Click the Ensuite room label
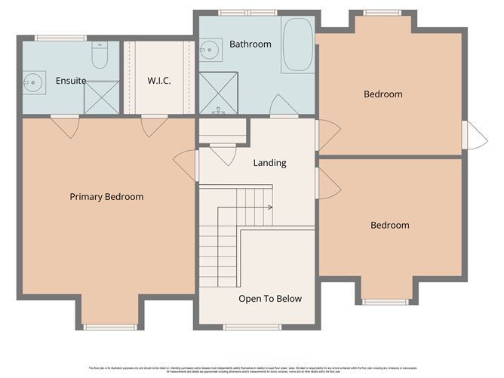coord(71,80)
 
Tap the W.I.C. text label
coord(159,80)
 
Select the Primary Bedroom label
coord(106,197)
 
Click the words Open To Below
coord(270,299)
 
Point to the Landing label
coord(269,163)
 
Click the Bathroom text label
coord(250,45)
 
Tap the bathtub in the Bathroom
coord(297,45)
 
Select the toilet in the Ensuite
coord(100,55)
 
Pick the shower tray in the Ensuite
coord(101,98)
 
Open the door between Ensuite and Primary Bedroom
coord(66,125)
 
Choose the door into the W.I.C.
coord(153,125)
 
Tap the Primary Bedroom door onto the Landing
coord(186,164)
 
